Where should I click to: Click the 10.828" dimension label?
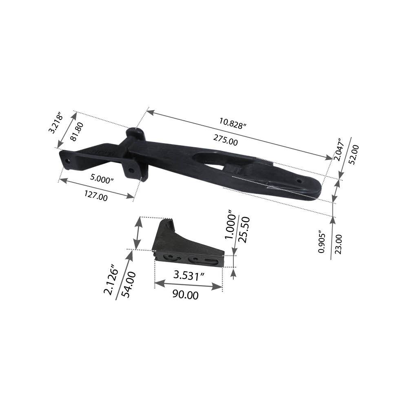coord(233,123)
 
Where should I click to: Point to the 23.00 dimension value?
coord(339,244)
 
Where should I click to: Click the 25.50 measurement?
coord(243,230)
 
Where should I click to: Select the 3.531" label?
coord(189,276)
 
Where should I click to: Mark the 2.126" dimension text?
coord(111,279)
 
